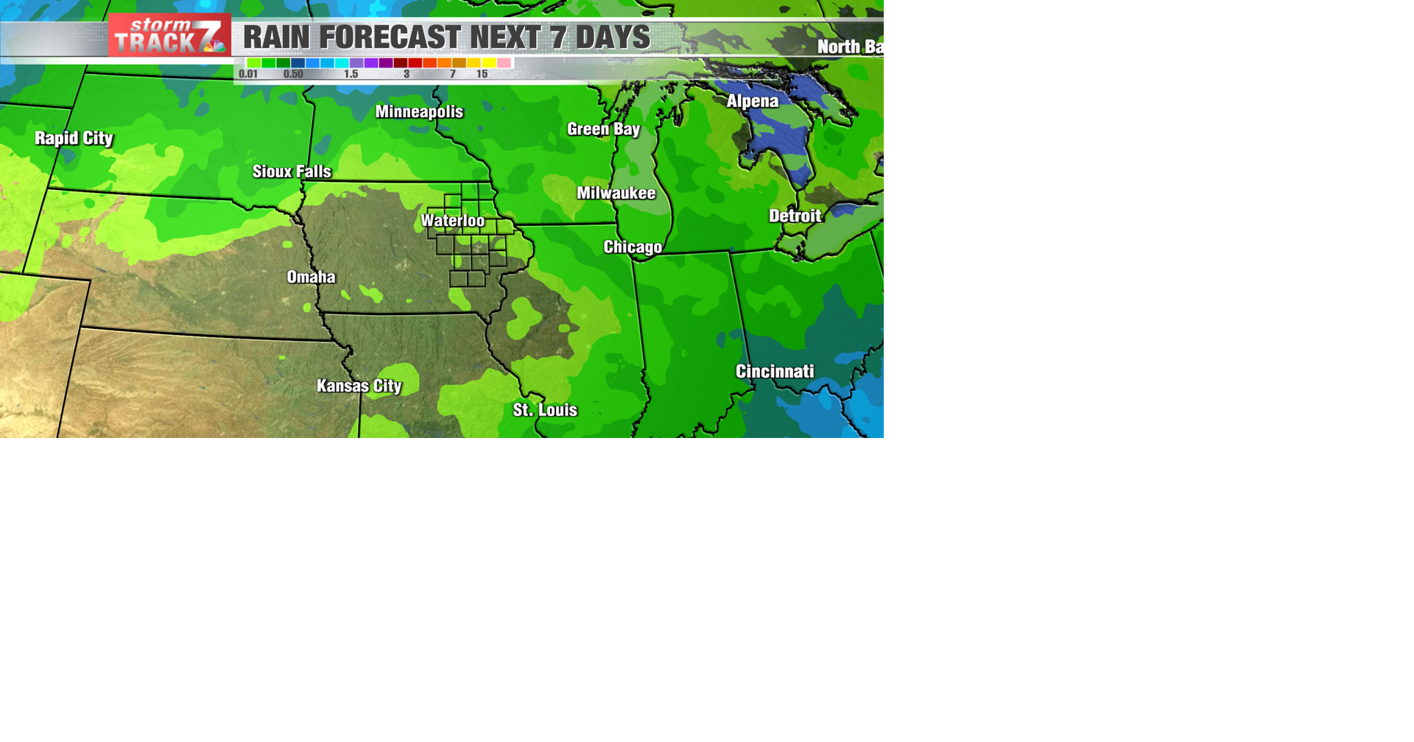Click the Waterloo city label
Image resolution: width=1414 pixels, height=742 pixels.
[452, 221]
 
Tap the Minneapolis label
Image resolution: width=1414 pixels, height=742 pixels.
[419, 112]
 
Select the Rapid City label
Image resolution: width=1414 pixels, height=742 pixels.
[74, 138]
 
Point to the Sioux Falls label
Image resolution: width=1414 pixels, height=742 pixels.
[292, 172]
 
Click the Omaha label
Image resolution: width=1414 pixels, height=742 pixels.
[311, 277]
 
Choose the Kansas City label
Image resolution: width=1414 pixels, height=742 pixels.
[359, 386]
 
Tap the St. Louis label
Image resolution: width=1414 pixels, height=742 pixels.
[545, 410]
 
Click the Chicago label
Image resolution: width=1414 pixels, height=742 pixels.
[633, 247]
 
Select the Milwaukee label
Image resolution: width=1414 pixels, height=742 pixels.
[616, 193]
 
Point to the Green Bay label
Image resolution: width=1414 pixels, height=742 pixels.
[603, 130]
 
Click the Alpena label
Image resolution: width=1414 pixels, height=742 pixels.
[752, 102]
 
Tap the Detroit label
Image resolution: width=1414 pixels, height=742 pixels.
[795, 216]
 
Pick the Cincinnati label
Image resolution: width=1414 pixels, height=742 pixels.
[775, 372]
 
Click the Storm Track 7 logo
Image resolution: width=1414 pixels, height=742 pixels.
[169, 35]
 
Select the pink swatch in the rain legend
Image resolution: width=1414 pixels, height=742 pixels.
[504, 63]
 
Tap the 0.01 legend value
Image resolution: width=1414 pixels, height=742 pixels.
[248, 74]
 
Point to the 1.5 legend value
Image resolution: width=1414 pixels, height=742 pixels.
[351, 74]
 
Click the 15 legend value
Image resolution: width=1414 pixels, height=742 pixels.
[482, 74]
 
